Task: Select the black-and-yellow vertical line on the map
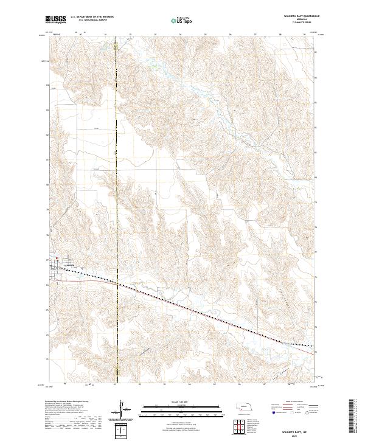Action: point(116,182)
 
